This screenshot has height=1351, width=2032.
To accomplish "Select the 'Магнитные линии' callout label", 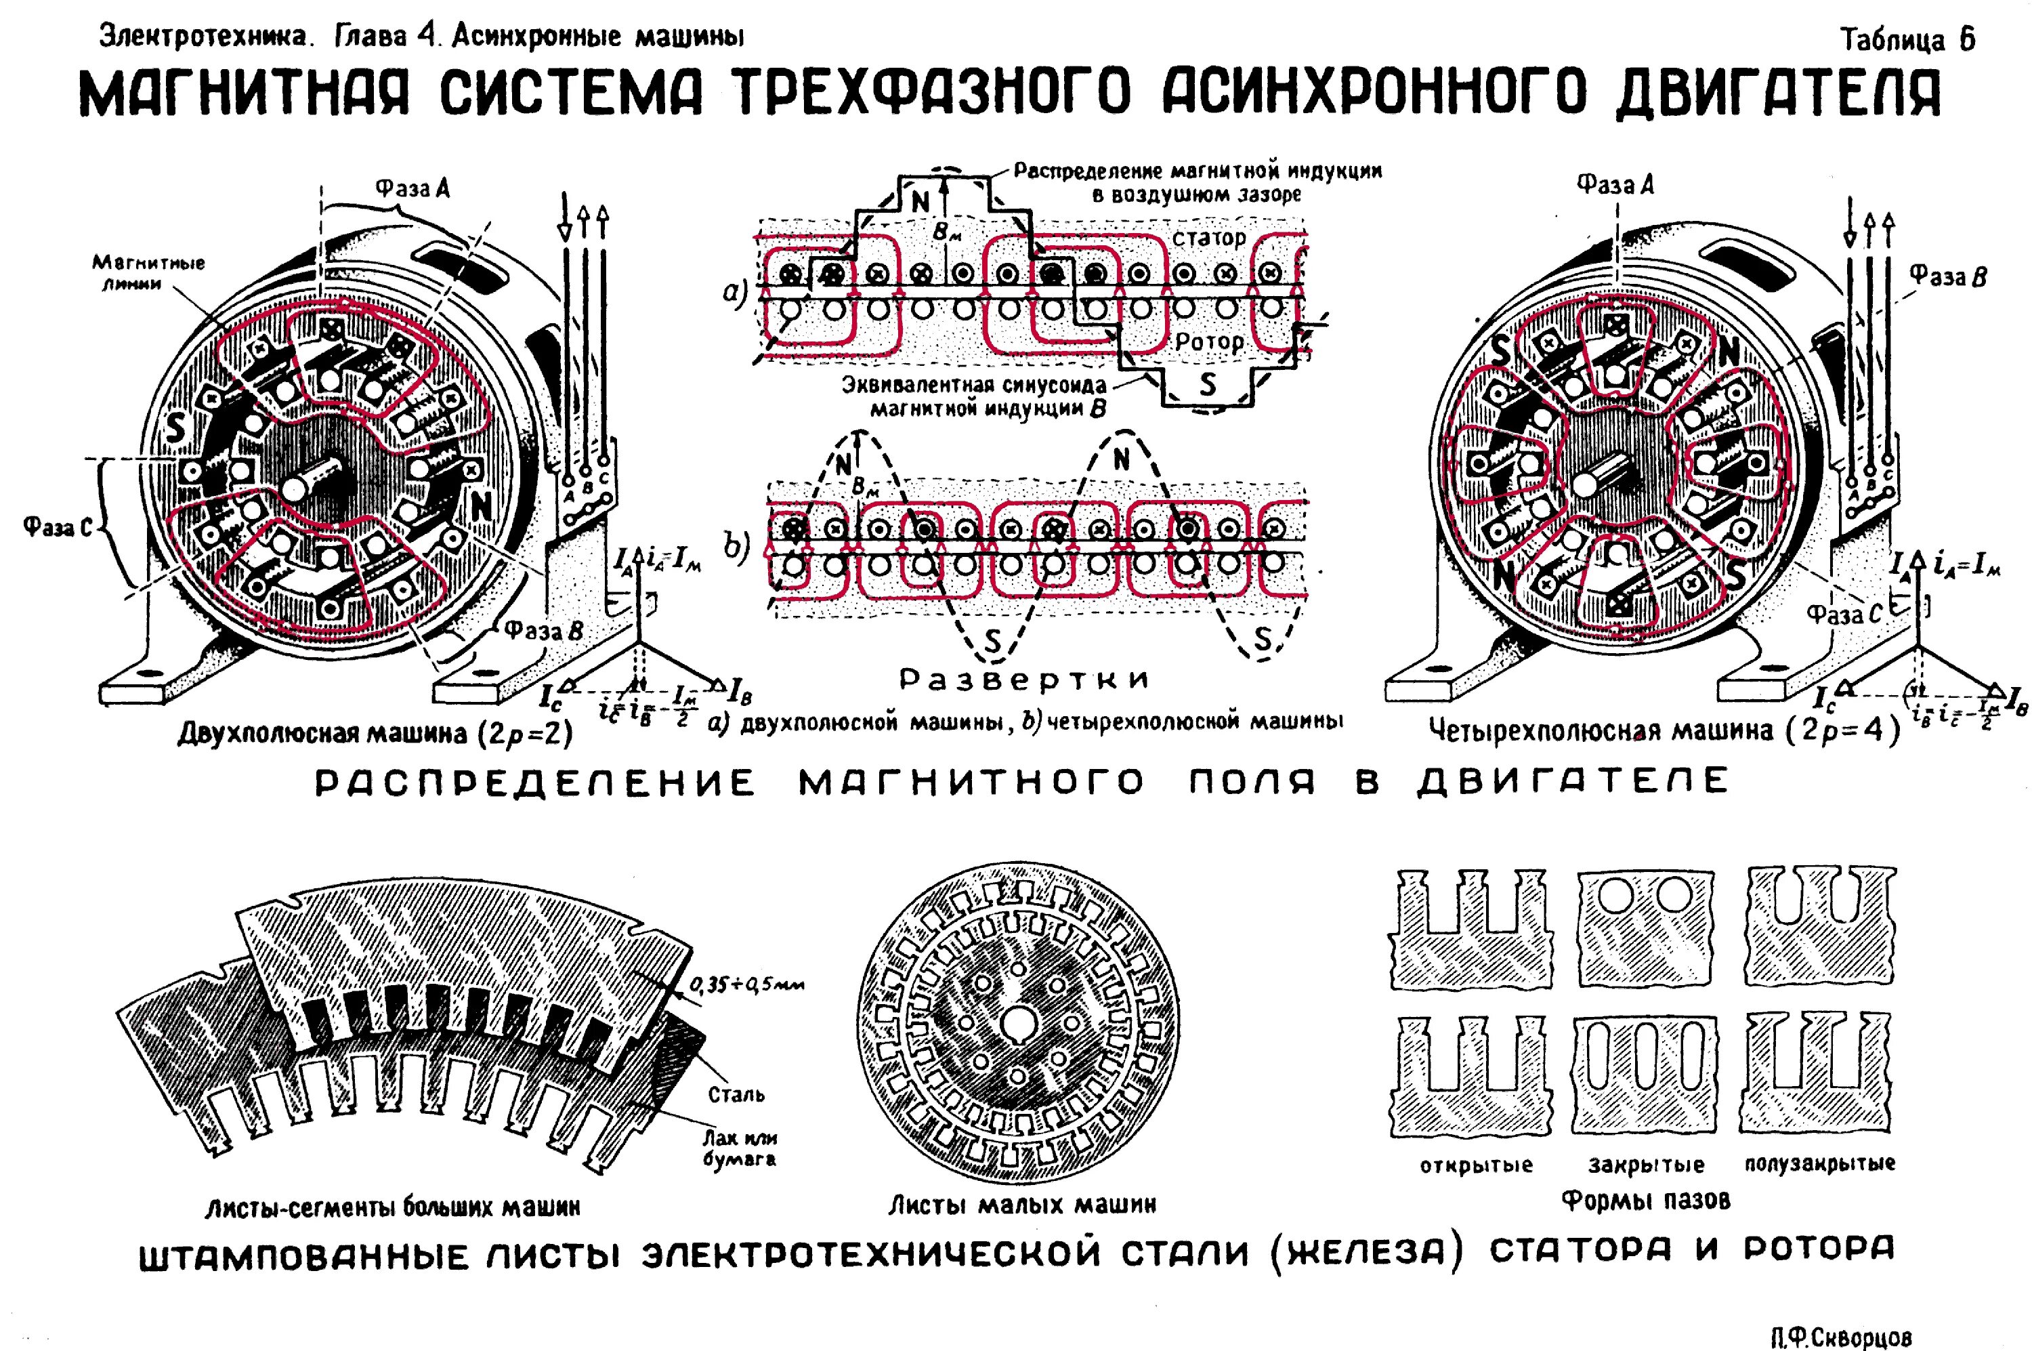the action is [149, 272].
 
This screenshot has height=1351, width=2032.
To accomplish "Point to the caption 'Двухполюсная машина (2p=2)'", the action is [375, 732].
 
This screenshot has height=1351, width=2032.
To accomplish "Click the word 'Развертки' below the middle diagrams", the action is [1024, 680].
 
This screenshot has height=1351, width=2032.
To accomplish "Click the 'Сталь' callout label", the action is [736, 1094].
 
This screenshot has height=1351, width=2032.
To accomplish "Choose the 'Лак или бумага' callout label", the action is [740, 1148].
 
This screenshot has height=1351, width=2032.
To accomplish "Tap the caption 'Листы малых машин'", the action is [1021, 1204].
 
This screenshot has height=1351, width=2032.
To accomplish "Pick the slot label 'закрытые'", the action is [1646, 1166].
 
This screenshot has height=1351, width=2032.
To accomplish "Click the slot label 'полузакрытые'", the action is [1820, 1164].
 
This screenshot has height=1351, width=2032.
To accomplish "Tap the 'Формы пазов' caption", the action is [1646, 1199].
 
